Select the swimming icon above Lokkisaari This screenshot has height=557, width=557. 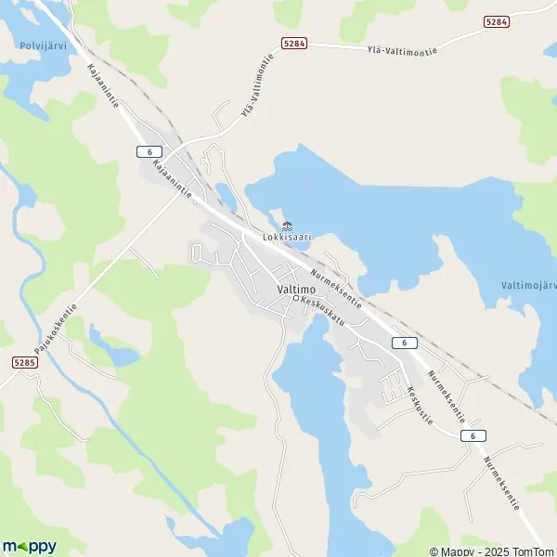[286, 225]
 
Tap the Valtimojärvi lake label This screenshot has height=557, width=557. [528, 285]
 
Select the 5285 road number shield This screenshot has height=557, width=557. [26, 362]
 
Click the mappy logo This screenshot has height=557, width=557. [29, 546]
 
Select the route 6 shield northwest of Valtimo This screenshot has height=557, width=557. [149, 151]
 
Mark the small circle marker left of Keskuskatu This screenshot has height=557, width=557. [296, 299]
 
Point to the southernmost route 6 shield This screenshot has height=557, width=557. [473, 435]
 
